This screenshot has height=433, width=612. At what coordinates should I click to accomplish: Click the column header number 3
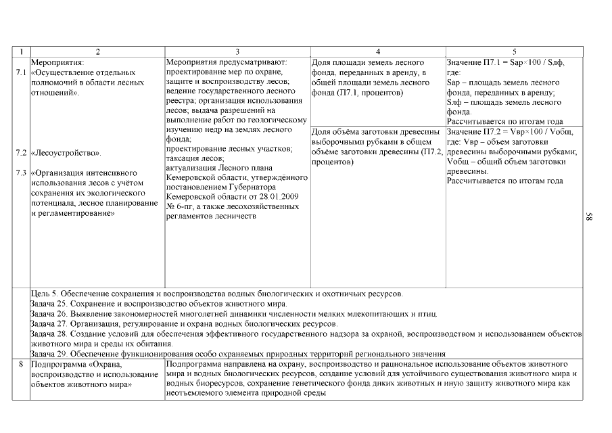click(x=237, y=52)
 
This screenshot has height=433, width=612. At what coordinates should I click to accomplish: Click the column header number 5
click(x=514, y=52)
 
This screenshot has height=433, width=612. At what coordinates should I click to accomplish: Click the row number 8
click(x=21, y=365)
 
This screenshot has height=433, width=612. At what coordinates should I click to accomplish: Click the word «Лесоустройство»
click(x=66, y=153)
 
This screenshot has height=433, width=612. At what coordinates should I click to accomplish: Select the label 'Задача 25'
click(x=51, y=304)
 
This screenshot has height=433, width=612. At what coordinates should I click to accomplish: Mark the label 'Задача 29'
click(x=51, y=354)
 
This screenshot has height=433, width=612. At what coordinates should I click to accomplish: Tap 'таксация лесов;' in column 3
click(x=195, y=158)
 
